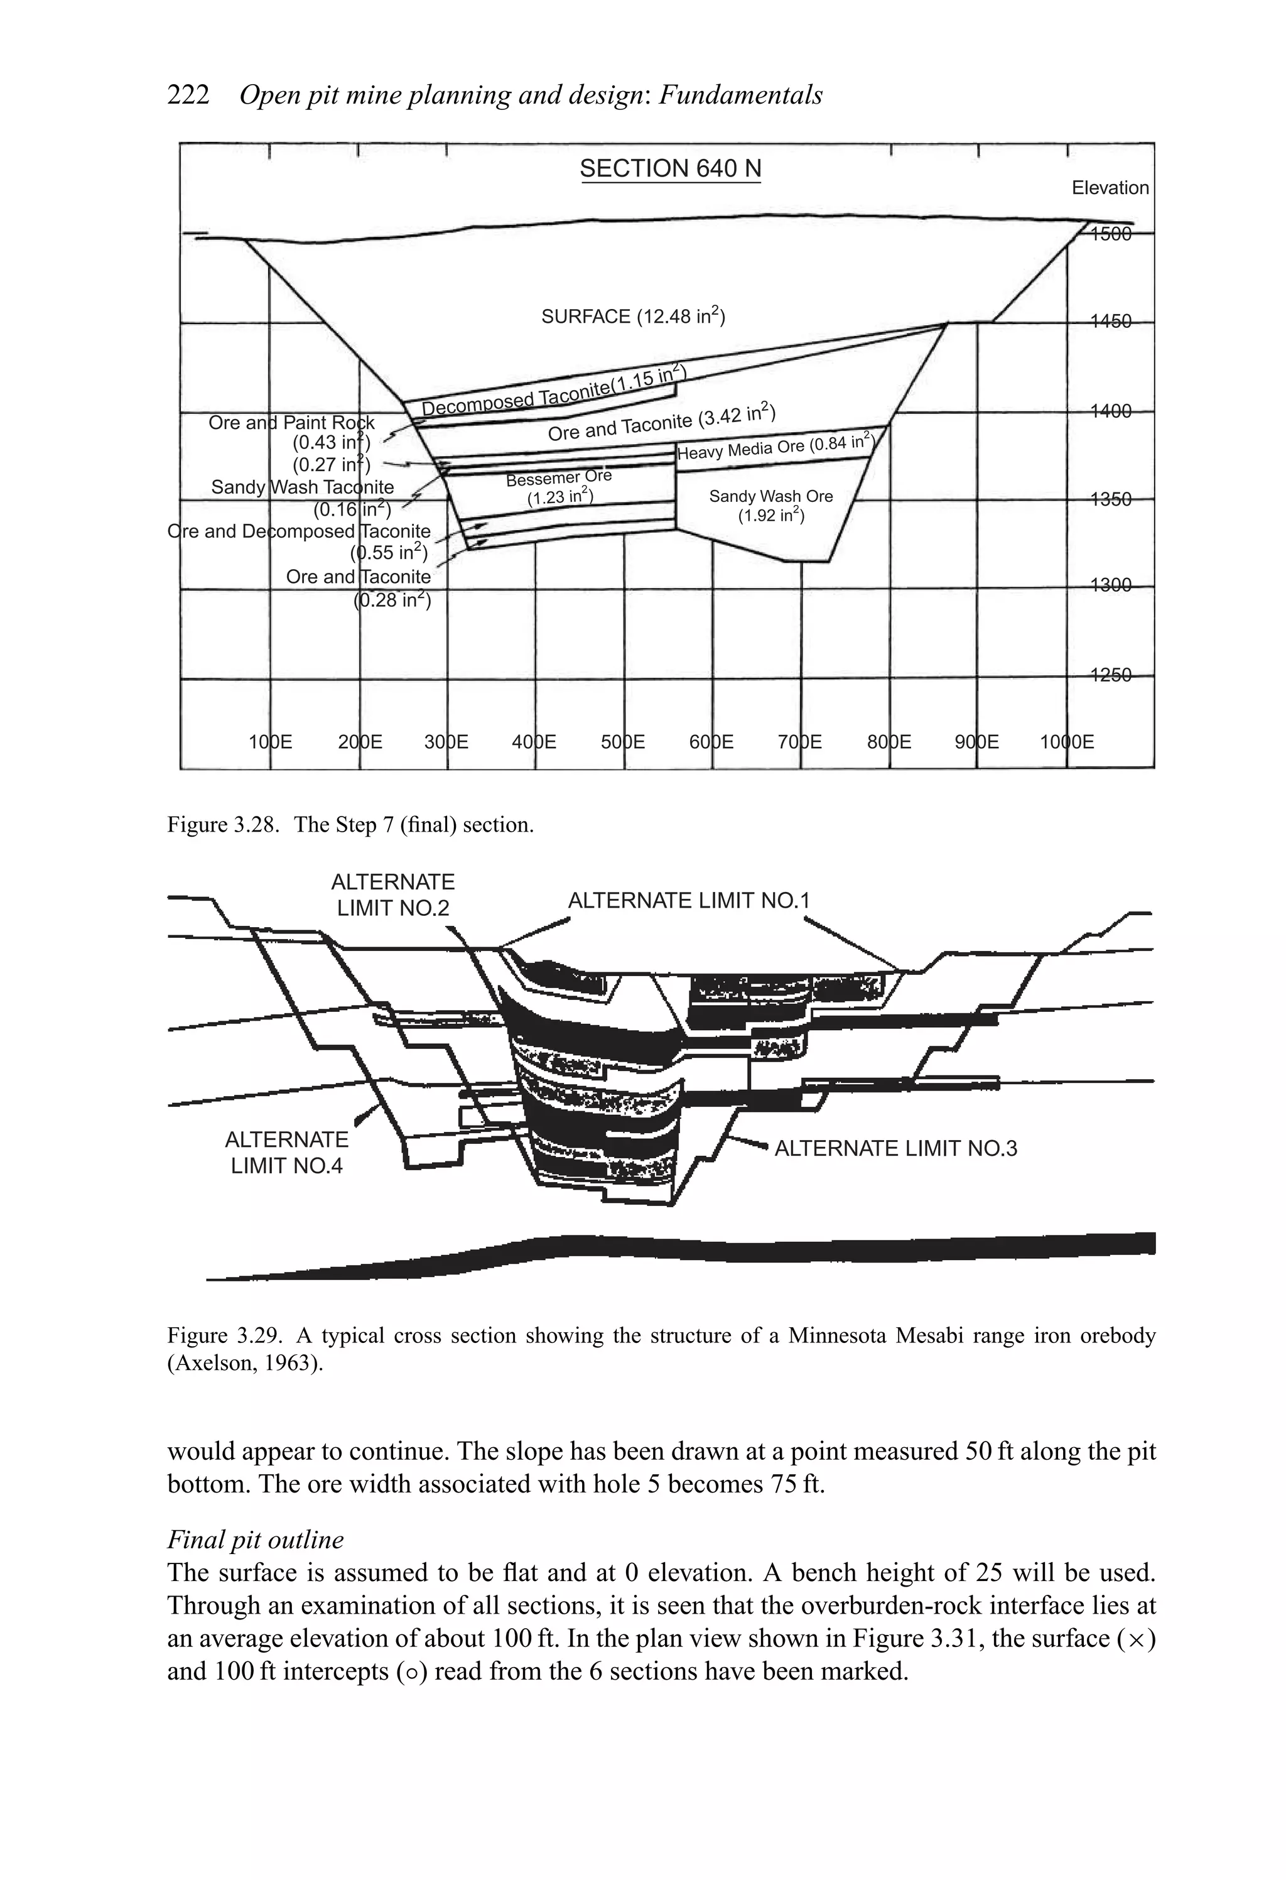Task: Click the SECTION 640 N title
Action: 670,168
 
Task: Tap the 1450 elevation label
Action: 1110,322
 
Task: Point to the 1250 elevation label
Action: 1110,675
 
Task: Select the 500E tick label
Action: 623,742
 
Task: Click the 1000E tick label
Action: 1067,742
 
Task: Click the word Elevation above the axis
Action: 1110,188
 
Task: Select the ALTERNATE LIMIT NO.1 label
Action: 688,900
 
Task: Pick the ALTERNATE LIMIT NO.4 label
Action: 286,1152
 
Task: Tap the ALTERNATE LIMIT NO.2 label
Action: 393,894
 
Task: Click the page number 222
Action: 188,95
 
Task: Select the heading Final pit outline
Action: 256,1539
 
